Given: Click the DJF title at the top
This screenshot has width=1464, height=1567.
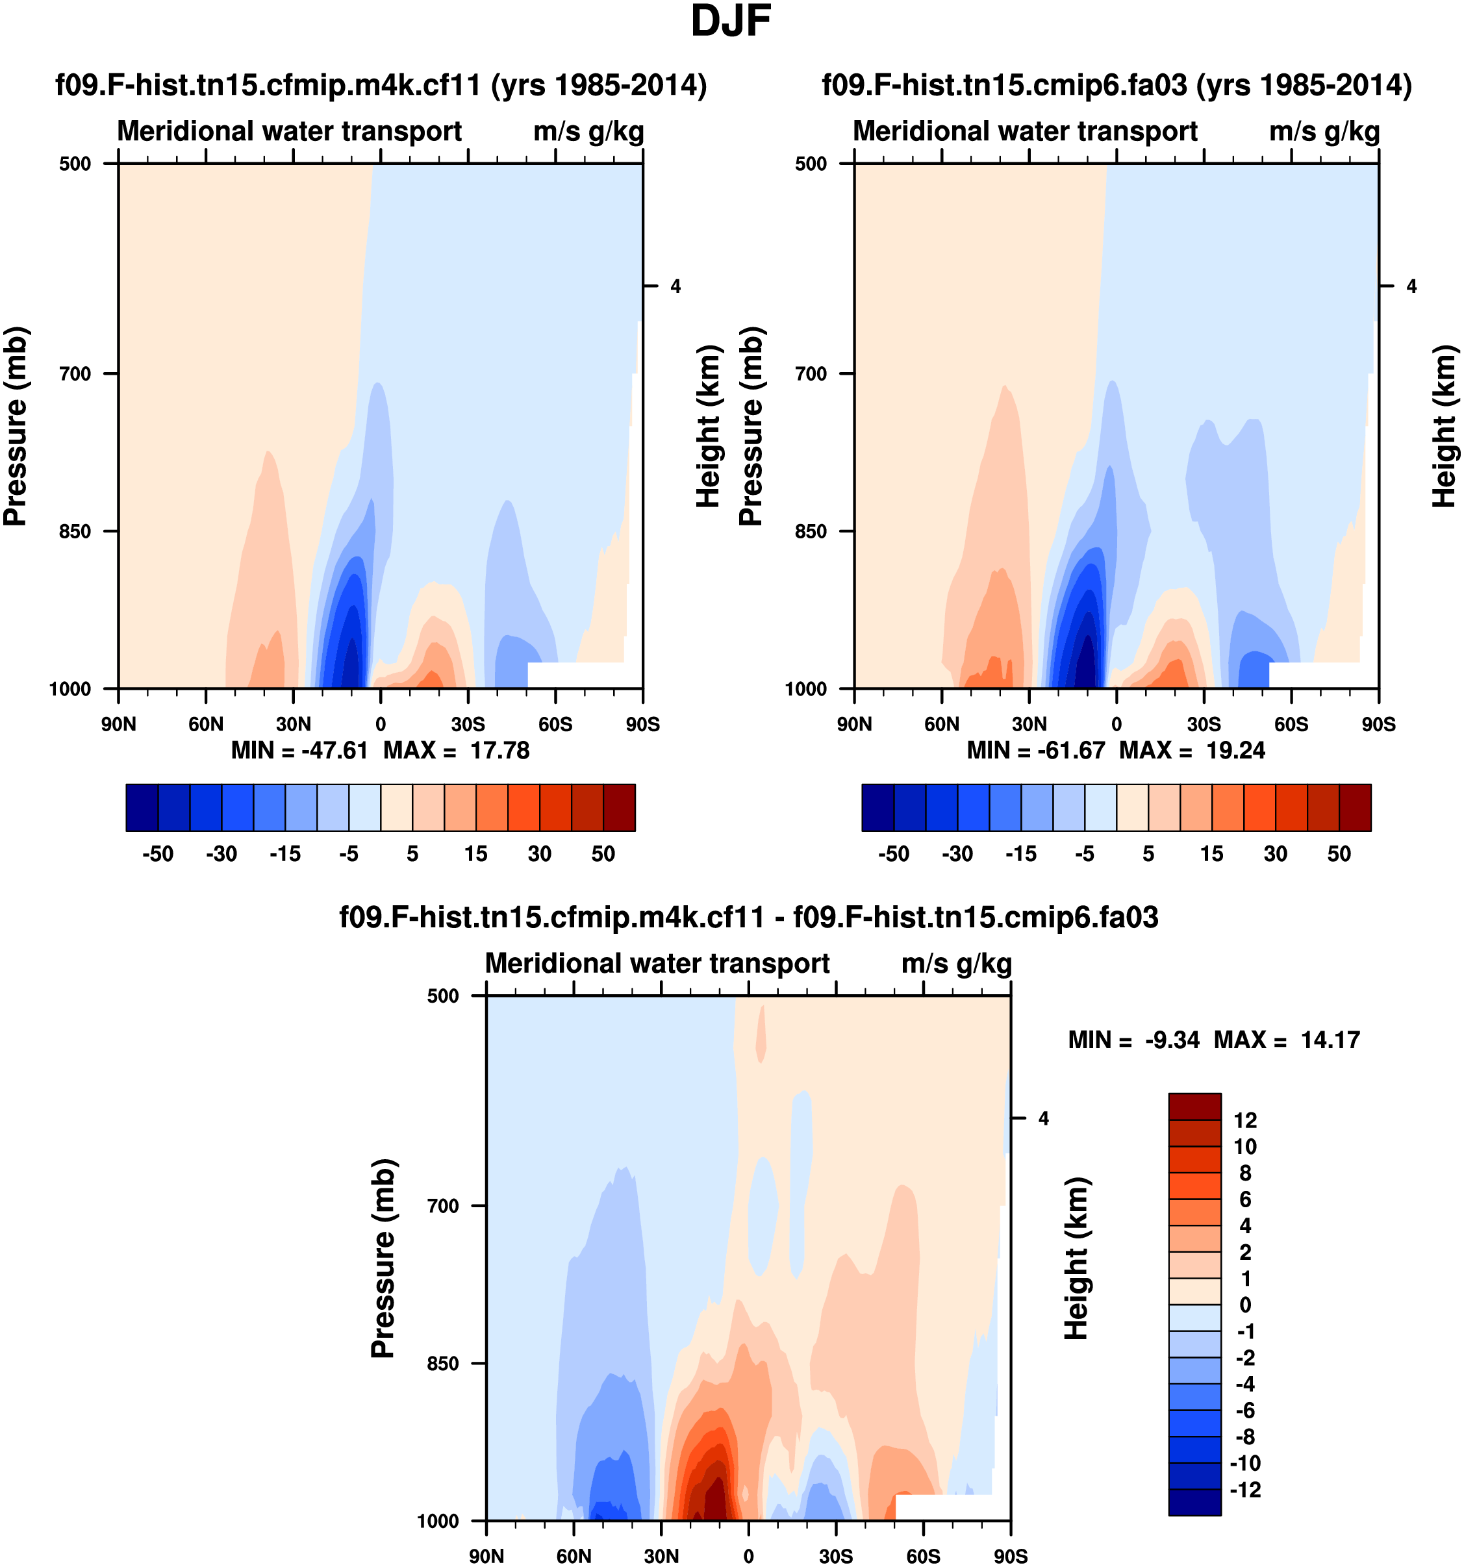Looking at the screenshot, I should [x=730, y=22].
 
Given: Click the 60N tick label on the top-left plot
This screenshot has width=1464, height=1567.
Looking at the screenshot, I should [x=206, y=723].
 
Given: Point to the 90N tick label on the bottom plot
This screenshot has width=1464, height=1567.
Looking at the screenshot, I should [x=486, y=1555].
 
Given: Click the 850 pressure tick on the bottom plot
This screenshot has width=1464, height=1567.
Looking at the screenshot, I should [x=443, y=1364].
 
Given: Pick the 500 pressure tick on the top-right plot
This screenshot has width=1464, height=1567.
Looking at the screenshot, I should [x=811, y=164].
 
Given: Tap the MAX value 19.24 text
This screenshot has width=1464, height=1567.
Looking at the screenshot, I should [x=1235, y=751].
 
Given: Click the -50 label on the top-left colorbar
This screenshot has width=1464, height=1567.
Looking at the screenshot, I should [x=158, y=855].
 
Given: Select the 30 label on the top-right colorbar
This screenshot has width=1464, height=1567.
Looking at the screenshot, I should [x=1276, y=855].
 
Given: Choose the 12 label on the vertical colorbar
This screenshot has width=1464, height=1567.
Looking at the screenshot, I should [x=1246, y=1120].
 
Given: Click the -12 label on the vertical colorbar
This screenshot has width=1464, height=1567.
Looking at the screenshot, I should [x=1246, y=1490].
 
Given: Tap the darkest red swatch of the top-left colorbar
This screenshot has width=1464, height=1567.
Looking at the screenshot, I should [x=619, y=807].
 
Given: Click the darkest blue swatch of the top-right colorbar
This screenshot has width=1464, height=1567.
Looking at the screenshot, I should [x=878, y=807].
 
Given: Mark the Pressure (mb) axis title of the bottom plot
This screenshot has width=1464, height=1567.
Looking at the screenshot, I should [x=383, y=1258].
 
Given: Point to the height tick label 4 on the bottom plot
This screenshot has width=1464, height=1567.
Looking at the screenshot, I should [x=1043, y=1118].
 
